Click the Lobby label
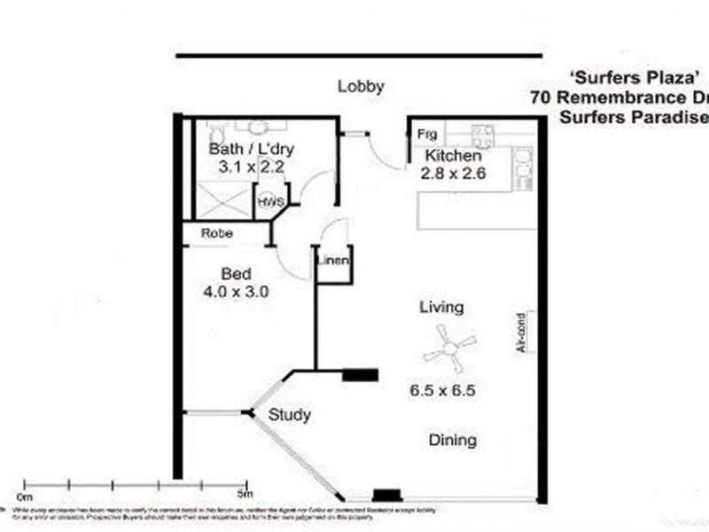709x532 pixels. point(361,86)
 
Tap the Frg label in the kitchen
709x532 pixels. point(428,134)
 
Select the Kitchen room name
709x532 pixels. point(455,156)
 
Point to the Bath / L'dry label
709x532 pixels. point(251,149)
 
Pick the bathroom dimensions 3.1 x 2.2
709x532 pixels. point(250,166)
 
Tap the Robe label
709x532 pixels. point(216,234)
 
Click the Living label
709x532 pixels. point(441,308)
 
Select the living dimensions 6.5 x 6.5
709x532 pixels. point(443,388)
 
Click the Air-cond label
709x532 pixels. point(522,333)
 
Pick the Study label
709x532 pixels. point(290,414)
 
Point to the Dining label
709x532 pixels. point(453,440)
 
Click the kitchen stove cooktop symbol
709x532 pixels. point(483,135)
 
